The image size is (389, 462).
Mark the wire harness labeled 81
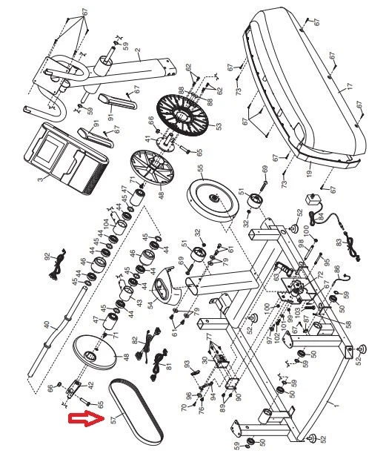[157, 365]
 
